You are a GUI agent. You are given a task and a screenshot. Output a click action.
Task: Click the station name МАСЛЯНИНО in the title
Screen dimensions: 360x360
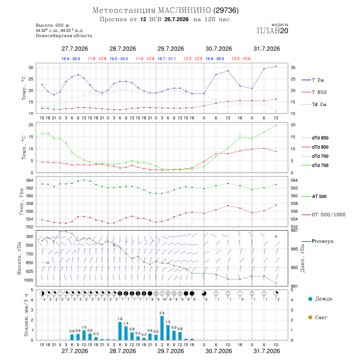click(184, 10)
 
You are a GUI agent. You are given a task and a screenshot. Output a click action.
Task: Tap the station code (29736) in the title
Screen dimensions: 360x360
click(226, 10)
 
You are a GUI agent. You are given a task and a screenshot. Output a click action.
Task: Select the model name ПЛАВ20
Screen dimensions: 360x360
click(272, 31)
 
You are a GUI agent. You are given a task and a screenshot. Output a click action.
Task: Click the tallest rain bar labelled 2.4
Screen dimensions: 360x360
click(162, 328)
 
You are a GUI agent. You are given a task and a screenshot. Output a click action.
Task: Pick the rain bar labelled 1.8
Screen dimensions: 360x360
click(120, 331)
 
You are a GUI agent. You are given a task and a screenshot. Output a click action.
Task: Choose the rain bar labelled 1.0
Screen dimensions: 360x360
click(84, 335)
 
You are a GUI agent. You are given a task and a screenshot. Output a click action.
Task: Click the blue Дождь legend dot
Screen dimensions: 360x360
click(310, 299)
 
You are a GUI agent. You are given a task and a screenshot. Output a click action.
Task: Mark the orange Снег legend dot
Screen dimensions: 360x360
click(310, 317)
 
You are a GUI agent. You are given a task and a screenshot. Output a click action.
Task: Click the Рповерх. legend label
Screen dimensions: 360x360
click(323, 241)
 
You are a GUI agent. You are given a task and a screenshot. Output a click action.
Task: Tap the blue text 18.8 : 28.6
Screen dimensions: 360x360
click(215, 59)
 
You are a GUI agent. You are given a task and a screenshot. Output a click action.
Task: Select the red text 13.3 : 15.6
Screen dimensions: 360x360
click(241, 59)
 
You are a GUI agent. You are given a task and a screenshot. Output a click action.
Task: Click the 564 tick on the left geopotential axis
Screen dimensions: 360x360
click(30, 180)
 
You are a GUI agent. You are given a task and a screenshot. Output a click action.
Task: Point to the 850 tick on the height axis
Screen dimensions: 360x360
click(29, 263)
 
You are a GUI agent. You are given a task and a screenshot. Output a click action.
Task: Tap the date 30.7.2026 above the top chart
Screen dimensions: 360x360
click(218, 49)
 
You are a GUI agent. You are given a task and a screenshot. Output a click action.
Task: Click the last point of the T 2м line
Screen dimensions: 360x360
click(276, 66)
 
